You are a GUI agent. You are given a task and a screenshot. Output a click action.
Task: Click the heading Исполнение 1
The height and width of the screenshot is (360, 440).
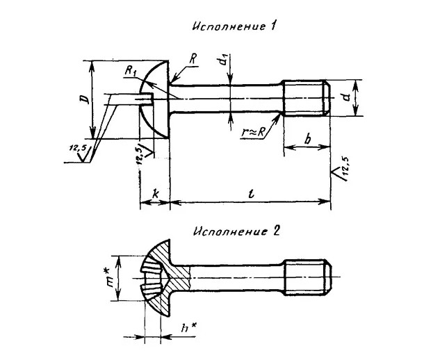point(234,26)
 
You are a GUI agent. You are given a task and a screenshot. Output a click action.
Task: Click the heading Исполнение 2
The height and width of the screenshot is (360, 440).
point(236,231)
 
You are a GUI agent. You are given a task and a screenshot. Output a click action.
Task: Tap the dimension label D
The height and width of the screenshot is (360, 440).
point(85,99)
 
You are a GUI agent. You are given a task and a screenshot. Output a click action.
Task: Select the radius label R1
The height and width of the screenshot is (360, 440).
point(130,72)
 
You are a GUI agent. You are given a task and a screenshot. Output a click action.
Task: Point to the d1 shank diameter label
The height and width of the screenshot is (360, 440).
point(224,60)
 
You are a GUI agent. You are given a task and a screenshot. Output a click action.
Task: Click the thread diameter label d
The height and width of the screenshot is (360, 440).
point(348,97)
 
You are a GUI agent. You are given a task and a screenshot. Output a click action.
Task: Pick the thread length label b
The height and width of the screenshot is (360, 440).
point(308,138)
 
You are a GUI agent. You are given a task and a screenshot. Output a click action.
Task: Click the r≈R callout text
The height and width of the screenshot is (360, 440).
point(253,132)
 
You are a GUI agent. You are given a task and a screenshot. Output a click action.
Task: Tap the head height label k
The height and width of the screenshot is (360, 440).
point(155,194)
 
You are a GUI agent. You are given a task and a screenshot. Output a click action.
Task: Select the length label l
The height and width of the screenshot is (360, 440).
point(252,194)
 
